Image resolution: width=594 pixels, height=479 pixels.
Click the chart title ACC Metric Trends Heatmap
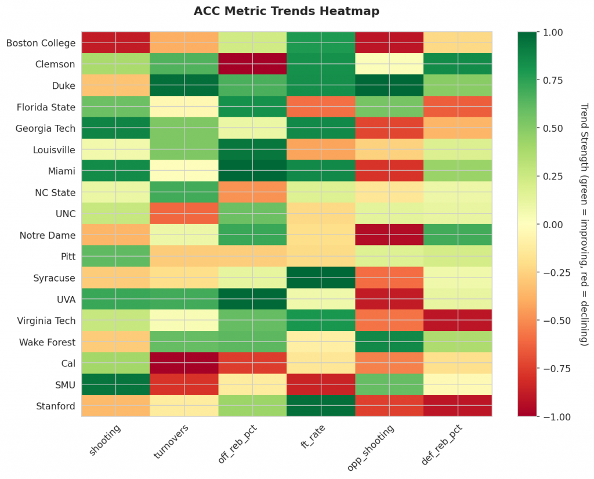(x=287, y=11)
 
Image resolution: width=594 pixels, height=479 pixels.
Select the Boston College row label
(x=41, y=43)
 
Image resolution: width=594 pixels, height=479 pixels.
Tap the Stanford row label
(x=56, y=406)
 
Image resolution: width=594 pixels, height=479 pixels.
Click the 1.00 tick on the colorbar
(x=551, y=33)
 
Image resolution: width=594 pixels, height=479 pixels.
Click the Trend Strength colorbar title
(x=584, y=224)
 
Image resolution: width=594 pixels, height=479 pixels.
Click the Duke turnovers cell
(x=184, y=85)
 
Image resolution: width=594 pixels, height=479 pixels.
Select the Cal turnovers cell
(x=184, y=363)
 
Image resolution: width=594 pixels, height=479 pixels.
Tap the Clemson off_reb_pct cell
(x=252, y=64)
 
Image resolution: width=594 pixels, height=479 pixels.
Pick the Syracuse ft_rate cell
(x=321, y=278)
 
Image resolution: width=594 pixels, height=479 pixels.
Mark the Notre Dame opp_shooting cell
(x=389, y=235)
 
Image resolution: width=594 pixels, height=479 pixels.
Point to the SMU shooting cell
(x=115, y=384)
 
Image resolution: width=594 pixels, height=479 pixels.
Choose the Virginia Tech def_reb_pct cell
(x=458, y=320)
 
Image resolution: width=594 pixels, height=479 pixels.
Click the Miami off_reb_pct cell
(x=252, y=171)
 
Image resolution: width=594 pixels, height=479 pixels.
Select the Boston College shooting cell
(x=115, y=43)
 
